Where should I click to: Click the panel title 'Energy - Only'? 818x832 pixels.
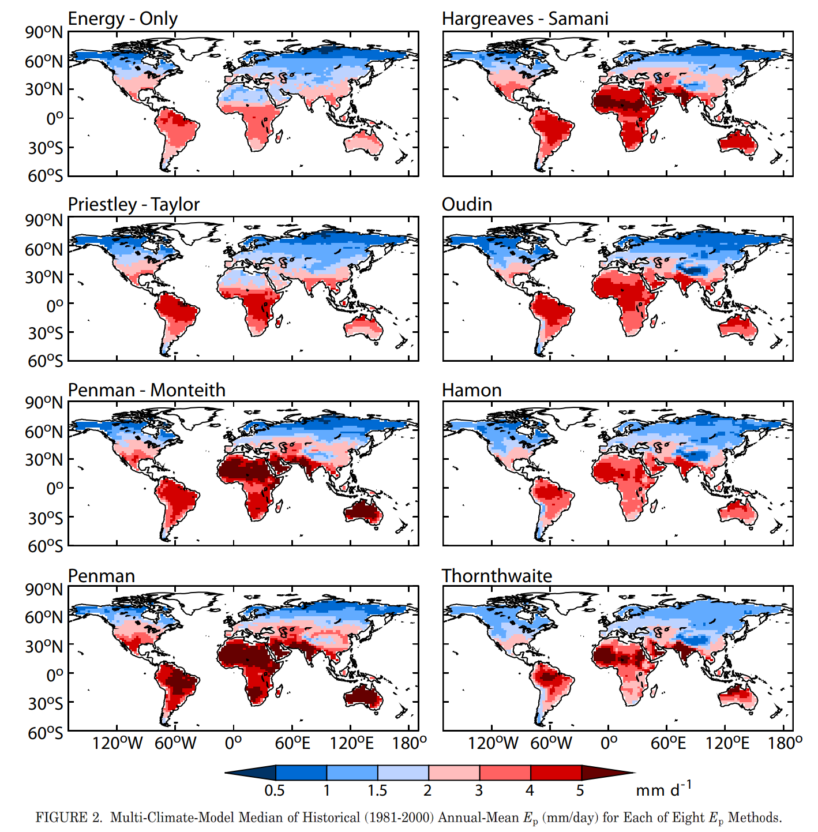(122, 18)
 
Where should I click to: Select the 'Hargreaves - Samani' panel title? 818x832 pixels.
(525, 18)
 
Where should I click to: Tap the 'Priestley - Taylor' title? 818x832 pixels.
(133, 204)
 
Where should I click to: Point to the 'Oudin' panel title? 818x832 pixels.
(467, 204)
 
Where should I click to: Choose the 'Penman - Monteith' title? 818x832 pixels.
(147, 390)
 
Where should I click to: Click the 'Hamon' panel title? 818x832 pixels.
(471, 390)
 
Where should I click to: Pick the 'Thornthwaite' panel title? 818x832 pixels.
(497, 576)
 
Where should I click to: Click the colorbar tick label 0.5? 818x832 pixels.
(275, 790)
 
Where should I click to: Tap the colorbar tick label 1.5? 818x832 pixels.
(377, 790)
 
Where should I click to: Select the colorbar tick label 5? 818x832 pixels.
(580, 790)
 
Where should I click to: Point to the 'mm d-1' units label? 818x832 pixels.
(663, 789)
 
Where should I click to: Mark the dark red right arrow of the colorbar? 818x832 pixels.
(606, 773)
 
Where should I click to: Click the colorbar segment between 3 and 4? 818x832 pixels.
(505, 773)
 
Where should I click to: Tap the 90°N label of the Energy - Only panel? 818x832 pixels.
(44, 32)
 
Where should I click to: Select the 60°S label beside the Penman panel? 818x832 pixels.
(45, 733)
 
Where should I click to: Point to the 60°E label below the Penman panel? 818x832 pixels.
(292, 743)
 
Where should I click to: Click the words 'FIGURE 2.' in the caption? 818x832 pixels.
(69, 818)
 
